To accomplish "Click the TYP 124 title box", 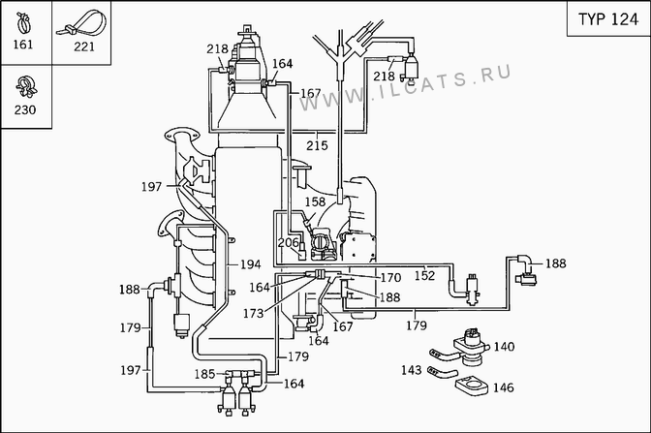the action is pos(608,18).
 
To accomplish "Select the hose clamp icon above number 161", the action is pos(23,22).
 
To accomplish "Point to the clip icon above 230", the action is pos(26,86).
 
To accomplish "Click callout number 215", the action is pos(317,145).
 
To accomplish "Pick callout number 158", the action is pos(315,202).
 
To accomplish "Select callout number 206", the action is pos(288,242).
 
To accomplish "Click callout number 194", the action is pos(251,264).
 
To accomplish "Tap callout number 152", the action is pos(424,276).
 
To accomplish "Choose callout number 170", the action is pos(390,278).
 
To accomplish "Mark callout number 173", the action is pos(253,314).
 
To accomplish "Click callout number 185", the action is pos(204,374).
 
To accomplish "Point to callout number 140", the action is pos(504,347).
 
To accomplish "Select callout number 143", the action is pos(412,370).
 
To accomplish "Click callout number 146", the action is pos(503,387).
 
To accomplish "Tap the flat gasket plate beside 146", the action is pos(472,386).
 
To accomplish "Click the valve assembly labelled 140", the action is pos(471,347).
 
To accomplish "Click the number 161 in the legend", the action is pos(23,45).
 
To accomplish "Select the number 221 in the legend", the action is pos(84,46).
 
